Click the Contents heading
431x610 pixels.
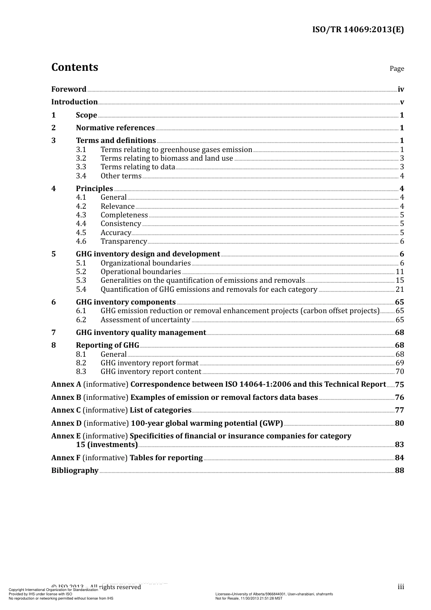point(74,67)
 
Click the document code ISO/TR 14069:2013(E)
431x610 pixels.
point(358,30)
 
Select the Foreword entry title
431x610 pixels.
point(69,89)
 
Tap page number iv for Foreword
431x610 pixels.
point(401,89)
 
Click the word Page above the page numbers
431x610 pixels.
point(397,69)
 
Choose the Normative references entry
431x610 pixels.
point(115,128)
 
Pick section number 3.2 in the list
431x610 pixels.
point(81,158)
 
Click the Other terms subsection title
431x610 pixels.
point(121,176)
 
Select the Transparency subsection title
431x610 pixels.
point(123,241)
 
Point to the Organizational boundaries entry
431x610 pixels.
point(145,263)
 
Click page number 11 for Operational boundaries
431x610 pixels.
point(400,272)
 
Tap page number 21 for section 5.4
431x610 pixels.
point(400,290)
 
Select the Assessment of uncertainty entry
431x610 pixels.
point(145,320)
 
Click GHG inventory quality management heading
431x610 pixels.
point(141,333)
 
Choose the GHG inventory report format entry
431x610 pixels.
point(149,363)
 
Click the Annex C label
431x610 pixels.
point(66,410)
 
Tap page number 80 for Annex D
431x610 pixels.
point(399,423)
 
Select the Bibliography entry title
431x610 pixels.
point(75,471)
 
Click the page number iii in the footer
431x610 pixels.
point(401,587)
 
